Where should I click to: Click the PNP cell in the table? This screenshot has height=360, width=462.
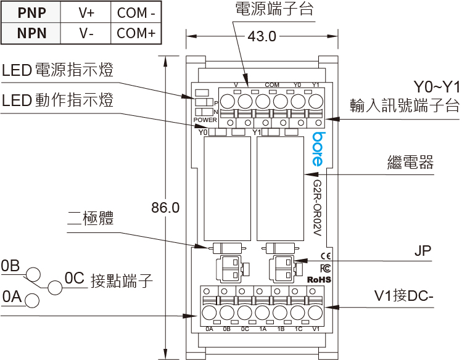[x=31, y=13]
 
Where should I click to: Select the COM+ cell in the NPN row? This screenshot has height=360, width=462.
[x=136, y=33]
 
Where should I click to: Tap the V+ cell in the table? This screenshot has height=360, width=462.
[x=86, y=13]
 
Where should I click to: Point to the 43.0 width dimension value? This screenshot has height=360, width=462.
[x=262, y=36]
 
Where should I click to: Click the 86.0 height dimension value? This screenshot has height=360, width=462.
[x=165, y=208]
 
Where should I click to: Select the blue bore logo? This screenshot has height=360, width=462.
[x=319, y=149]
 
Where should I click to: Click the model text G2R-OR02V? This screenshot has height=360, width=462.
[x=317, y=208]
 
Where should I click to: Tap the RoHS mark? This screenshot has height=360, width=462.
[x=319, y=279]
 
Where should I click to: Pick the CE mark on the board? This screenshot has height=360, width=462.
[x=326, y=256]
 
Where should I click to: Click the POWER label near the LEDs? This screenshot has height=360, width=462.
[x=205, y=120]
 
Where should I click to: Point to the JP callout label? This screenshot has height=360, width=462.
[x=423, y=250]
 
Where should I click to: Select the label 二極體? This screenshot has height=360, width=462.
[x=91, y=218]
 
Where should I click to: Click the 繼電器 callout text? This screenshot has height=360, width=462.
[x=410, y=162]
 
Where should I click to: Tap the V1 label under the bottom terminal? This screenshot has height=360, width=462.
[x=316, y=329]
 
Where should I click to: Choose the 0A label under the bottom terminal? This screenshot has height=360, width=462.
[x=209, y=329]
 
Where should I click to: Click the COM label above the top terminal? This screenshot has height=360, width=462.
[x=272, y=85]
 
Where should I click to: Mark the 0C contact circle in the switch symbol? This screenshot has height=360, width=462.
[x=55, y=287]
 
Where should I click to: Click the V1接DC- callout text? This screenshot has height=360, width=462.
[x=403, y=295]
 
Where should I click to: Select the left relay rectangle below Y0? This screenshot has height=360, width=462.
[x=227, y=189]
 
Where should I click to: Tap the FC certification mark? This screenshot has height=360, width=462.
[x=325, y=268]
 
